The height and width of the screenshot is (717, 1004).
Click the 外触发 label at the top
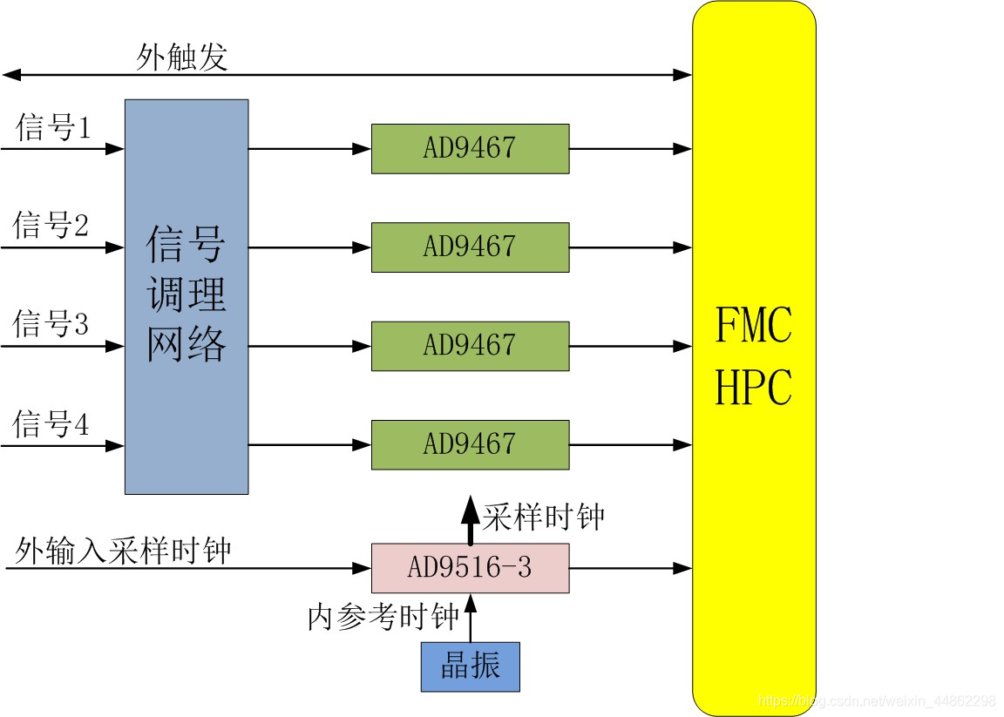tap(182, 57)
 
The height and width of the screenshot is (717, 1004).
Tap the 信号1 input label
tap(53, 129)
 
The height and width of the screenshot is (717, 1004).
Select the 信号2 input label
tap(51, 227)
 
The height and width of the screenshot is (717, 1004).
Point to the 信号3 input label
tap(51, 326)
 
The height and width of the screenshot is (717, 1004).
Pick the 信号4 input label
tap(51, 425)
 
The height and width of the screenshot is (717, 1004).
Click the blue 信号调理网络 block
tap(187, 296)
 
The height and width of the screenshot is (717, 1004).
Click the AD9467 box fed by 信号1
tap(470, 148)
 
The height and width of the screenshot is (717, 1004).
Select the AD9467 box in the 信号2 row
tap(470, 247)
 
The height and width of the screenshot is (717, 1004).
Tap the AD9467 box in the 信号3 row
tap(470, 346)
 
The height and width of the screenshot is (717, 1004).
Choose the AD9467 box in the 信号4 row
tap(470, 444)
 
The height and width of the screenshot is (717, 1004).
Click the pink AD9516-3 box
tap(470, 568)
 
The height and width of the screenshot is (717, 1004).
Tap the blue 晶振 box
tap(470, 666)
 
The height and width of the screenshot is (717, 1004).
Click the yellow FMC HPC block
tap(754, 357)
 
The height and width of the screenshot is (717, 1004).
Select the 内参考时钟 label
tap(383, 618)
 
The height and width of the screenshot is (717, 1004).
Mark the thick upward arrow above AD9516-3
tap(470, 520)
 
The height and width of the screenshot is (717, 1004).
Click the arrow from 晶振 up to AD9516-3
tap(470, 618)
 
